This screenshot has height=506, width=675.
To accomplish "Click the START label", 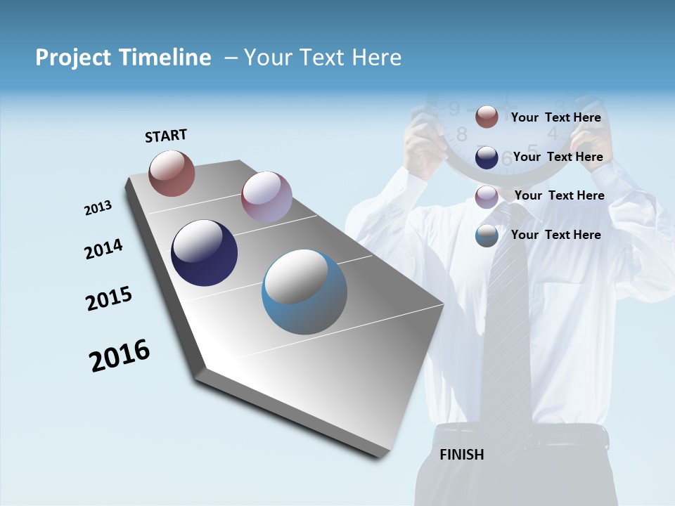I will point(166,135).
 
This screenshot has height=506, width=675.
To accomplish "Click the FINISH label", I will point(462,455).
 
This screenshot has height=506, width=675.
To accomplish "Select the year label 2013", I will point(98,208).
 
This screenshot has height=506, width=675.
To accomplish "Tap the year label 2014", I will point(103,249).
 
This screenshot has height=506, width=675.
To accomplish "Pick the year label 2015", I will point(109,299).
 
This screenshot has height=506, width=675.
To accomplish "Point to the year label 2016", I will point(120,356).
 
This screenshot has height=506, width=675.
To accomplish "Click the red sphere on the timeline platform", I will point(172,173).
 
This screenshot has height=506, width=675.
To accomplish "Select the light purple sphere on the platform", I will point(266,197).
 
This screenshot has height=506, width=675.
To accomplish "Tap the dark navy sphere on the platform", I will point(205,253).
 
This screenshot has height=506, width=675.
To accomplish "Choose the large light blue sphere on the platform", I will point(304,292).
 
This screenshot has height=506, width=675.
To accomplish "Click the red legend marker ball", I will point(487,117).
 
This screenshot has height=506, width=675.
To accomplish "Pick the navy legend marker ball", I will point(487,157).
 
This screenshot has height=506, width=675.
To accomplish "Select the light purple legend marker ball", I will point(487,196).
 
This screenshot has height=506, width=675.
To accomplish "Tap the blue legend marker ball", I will point(487,235).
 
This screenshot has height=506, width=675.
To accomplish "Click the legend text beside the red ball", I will point(555,117).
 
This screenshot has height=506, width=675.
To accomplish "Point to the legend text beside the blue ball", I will point(555,235).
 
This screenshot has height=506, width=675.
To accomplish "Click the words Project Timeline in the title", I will point(123,58).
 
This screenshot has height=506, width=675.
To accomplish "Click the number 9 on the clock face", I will point(454,109).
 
